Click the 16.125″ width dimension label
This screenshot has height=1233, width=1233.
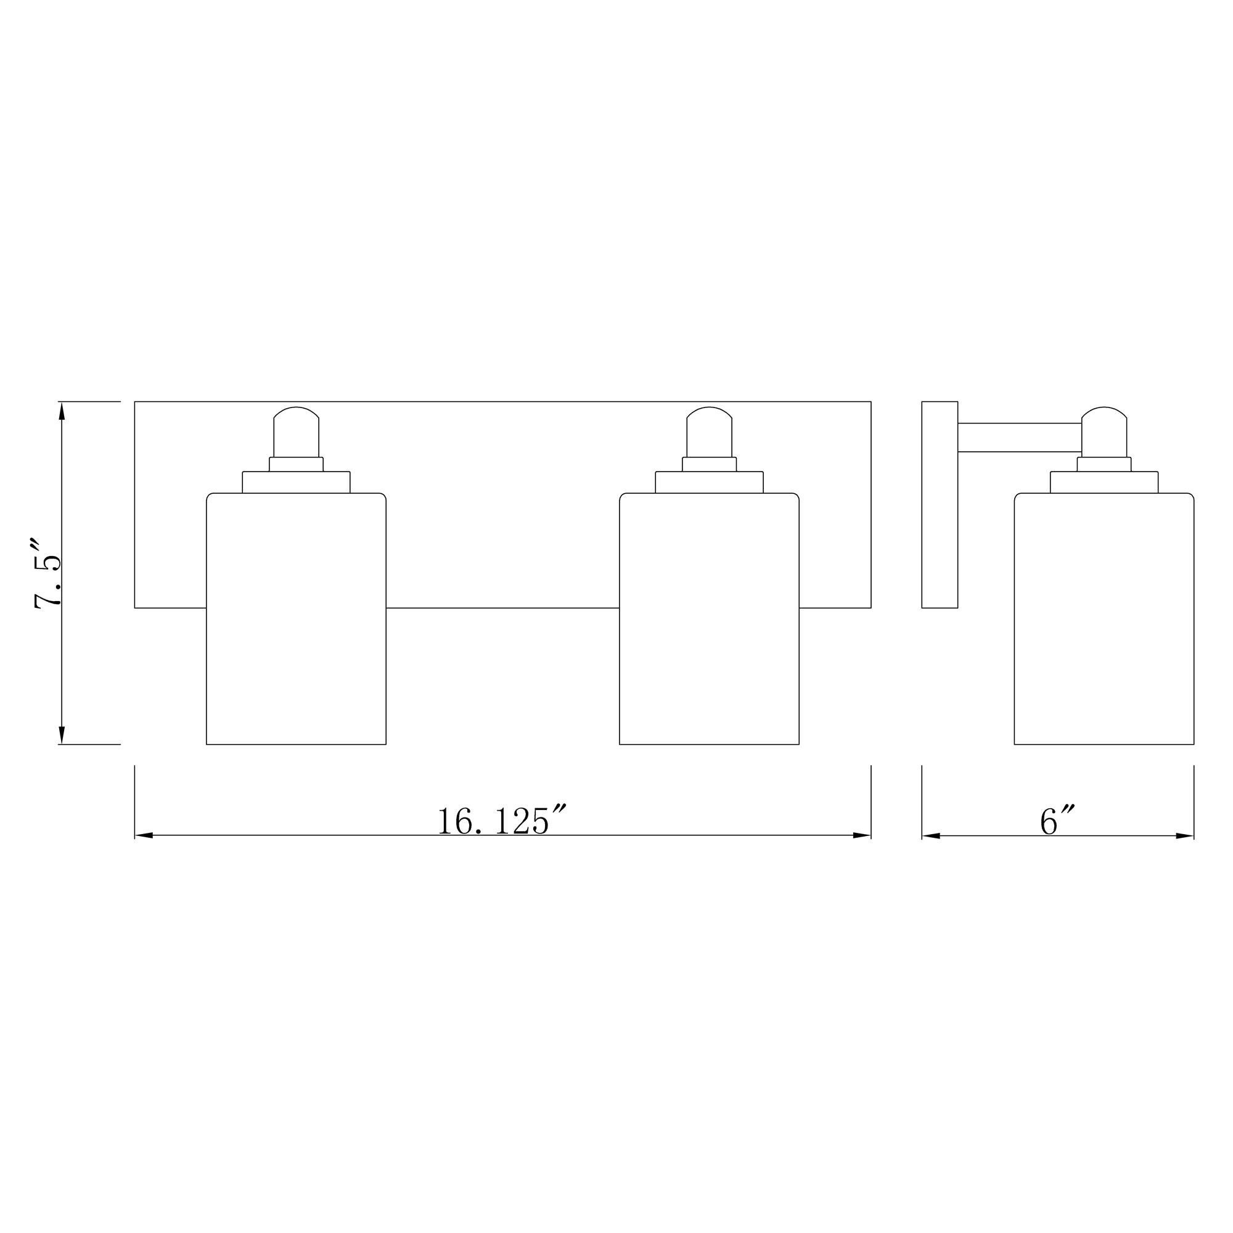(502, 821)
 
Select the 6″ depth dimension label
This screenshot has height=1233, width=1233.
(1057, 821)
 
